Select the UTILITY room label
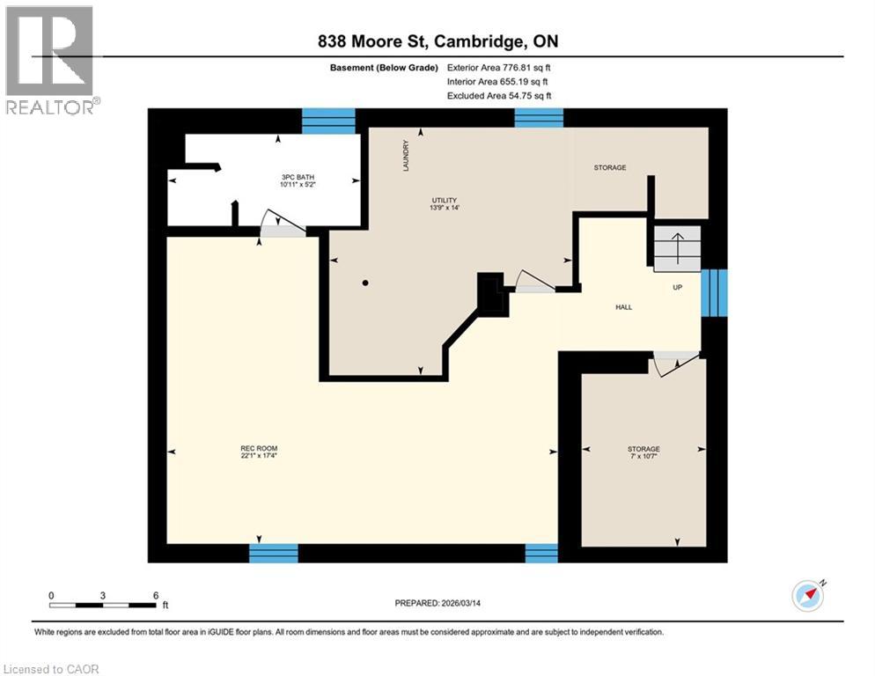(443, 200)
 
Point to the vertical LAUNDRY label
(406, 155)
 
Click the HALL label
(623, 307)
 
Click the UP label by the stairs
(678, 288)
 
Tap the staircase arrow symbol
(677, 247)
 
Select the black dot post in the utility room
(365, 283)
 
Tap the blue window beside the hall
(714, 292)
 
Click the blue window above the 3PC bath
(328, 121)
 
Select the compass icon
(807, 596)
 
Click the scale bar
(104, 605)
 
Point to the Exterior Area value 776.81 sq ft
(526, 67)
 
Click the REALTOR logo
(50, 60)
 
